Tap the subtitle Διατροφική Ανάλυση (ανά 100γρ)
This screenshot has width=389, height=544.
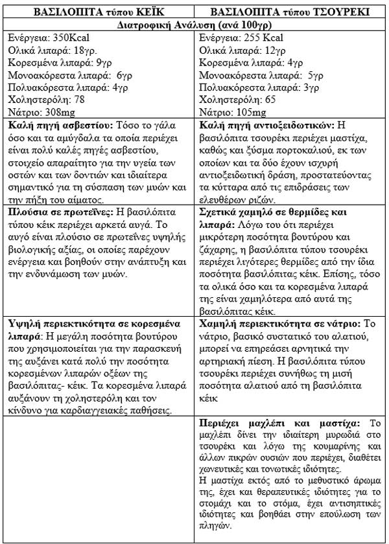(194, 25)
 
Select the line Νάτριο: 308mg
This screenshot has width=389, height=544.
(40, 111)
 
